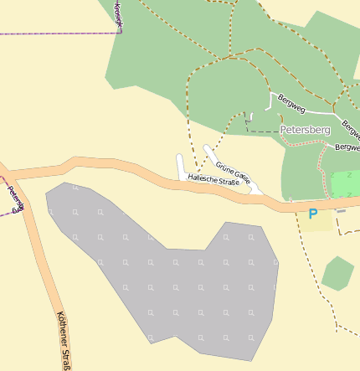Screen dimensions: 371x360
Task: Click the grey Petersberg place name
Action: click(305, 131)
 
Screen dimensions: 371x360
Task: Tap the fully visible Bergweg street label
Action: click(292, 103)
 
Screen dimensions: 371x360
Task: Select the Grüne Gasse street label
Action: click(232, 172)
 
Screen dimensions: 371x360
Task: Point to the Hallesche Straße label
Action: click(213, 178)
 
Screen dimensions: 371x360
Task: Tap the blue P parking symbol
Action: click(313, 214)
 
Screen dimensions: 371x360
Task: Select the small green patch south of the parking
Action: click(337, 274)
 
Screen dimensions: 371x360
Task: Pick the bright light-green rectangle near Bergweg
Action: click(344, 184)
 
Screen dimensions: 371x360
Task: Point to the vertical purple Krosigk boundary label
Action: click(118, 17)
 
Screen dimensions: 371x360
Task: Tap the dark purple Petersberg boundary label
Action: click(15, 198)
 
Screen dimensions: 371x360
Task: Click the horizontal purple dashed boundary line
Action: click(59, 33)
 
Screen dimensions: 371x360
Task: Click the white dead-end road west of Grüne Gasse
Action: click(180, 166)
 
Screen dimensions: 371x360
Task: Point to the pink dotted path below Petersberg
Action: click(321, 167)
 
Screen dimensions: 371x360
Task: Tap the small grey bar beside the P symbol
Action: click(341, 211)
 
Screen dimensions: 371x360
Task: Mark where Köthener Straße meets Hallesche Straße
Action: click(8, 176)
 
